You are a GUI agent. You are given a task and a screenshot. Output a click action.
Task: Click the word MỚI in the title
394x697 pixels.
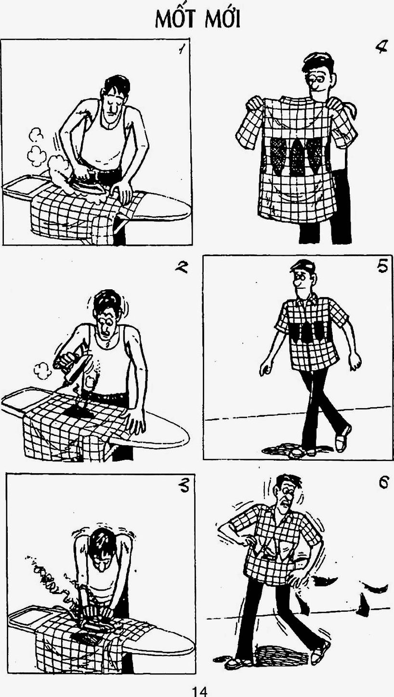223,19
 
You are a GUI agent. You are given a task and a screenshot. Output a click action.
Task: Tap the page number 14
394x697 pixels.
199,692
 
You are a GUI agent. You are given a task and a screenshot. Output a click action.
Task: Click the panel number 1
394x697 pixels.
181,49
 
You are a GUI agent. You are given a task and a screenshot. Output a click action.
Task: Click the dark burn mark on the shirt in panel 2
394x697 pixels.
79,411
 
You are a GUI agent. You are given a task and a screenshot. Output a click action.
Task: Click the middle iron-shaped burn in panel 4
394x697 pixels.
298,157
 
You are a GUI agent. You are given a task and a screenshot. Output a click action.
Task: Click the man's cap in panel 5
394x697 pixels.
302,266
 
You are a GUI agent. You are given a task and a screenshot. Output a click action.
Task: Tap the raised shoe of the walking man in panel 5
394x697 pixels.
342,439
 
